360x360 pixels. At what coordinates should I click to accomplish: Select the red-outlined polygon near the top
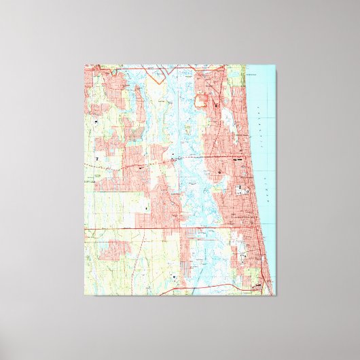click(201, 102)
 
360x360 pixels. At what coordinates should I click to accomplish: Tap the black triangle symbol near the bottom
click(175, 277)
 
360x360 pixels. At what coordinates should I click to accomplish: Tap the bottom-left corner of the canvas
click(84, 295)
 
